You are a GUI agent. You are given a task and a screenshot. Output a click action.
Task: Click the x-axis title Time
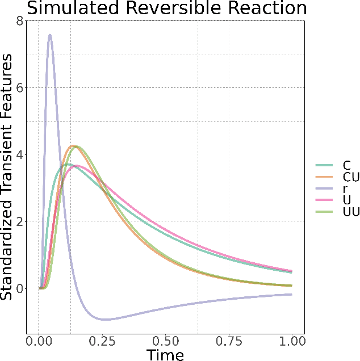[165, 355]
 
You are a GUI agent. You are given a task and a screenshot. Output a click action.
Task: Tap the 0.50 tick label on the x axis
[165, 341]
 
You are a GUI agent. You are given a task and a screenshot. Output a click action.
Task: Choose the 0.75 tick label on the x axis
[229, 341]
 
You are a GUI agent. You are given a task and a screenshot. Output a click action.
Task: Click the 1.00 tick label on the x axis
[292, 341]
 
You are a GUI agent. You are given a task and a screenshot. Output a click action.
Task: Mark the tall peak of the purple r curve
[50, 35]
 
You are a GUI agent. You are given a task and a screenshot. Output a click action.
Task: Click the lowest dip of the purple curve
[106, 320]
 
